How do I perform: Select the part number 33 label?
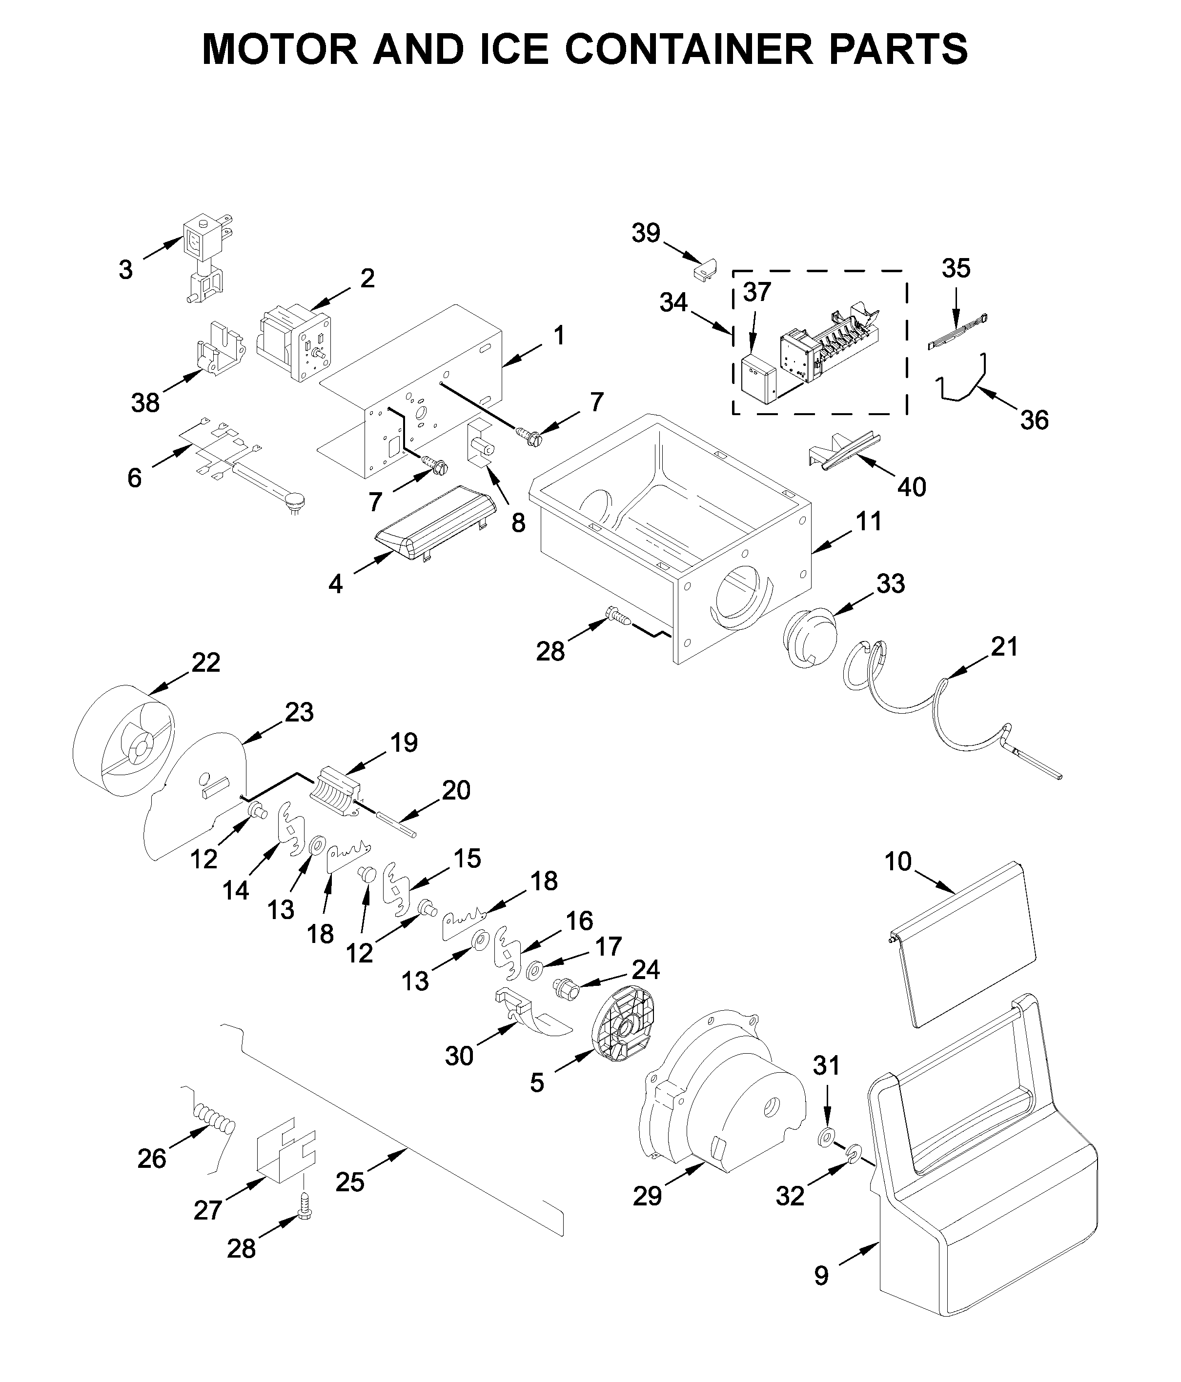(x=890, y=583)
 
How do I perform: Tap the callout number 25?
(x=349, y=1182)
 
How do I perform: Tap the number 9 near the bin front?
(x=821, y=1275)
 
